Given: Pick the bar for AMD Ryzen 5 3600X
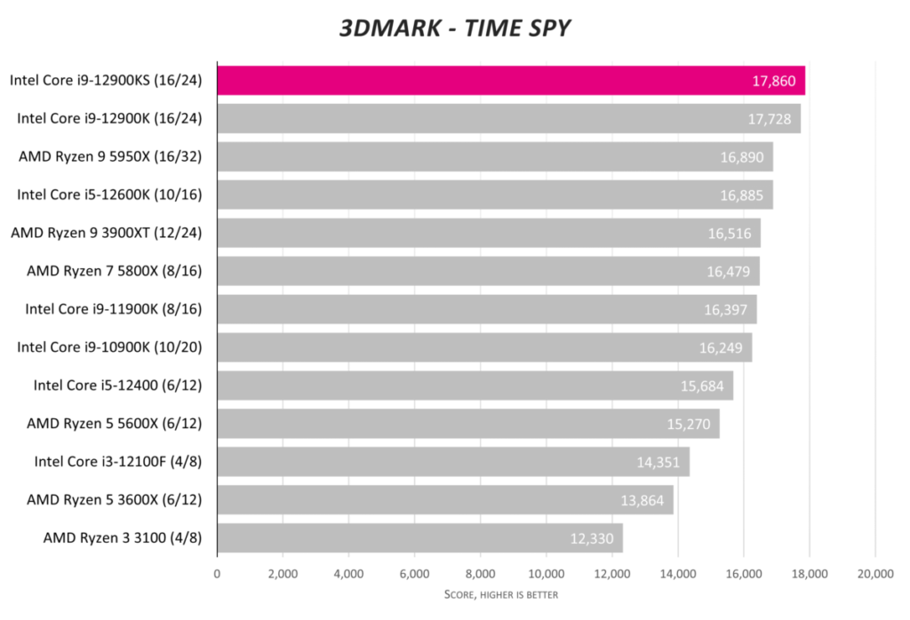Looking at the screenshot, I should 444,500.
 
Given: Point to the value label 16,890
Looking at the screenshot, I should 744,157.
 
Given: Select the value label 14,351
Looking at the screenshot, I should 660,462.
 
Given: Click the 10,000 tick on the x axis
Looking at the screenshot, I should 546,574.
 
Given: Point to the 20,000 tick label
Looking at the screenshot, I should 874,574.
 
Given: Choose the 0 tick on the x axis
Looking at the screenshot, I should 217,574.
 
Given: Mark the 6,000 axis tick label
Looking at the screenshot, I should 414,574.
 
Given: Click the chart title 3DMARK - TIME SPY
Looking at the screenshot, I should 454,28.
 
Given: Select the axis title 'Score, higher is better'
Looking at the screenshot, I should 501,594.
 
